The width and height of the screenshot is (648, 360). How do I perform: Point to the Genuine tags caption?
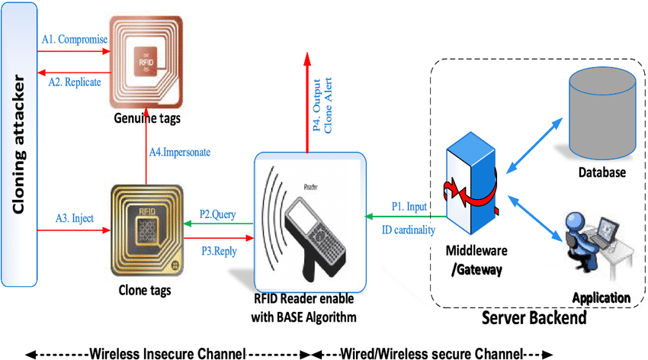coord(145,120)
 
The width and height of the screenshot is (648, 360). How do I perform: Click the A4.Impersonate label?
coord(179,152)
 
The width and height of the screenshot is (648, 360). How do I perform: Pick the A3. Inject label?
coord(74,217)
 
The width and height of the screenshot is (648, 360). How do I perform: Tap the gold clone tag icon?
coord(146,230)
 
